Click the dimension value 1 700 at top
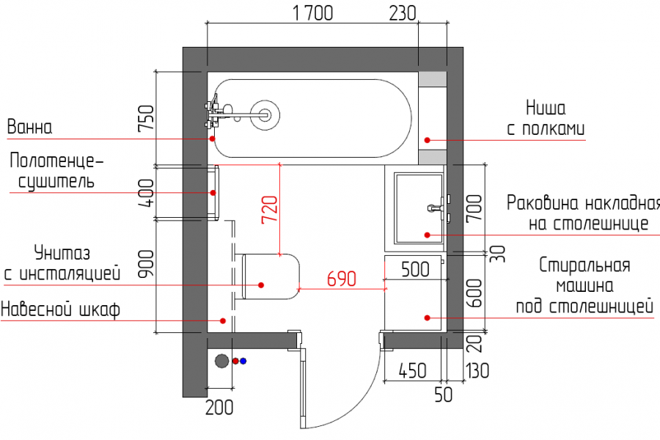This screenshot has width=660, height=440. pyautogui.click(x=312, y=13)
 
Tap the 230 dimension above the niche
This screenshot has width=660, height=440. pyautogui.click(x=403, y=13)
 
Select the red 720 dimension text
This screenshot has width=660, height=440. pyautogui.click(x=270, y=210)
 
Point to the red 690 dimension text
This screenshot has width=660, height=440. pyautogui.click(x=341, y=279)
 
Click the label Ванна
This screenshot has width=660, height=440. pyautogui.click(x=29, y=127)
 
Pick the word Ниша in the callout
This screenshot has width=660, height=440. pyautogui.click(x=546, y=109)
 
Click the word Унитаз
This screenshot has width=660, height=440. pyautogui.click(x=62, y=252)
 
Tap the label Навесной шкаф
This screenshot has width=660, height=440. pyautogui.click(x=61, y=309)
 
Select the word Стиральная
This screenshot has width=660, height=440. pyautogui.click(x=584, y=265)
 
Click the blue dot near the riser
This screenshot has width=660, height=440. pyautogui.click(x=243, y=361)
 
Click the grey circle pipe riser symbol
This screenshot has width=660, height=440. pyautogui.click(x=221, y=361)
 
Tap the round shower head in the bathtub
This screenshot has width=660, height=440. pyautogui.click(x=265, y=114)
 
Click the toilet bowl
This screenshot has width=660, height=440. pyautogui.click(x=271, y=276)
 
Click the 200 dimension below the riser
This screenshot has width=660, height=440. pyautogui.click(x=219, y=407)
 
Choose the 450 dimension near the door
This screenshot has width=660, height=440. pyautogui.click(x=412, y=370)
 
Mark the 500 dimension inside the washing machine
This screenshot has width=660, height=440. pyautogui.click(x=416, y=269)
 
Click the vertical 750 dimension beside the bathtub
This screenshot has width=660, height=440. pyautogui.click(x=147, y=118)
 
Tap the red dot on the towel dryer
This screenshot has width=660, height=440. pyautogui.click(x=213, y=193)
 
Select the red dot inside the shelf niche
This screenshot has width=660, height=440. pyautogui.click(x=428, y=140)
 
